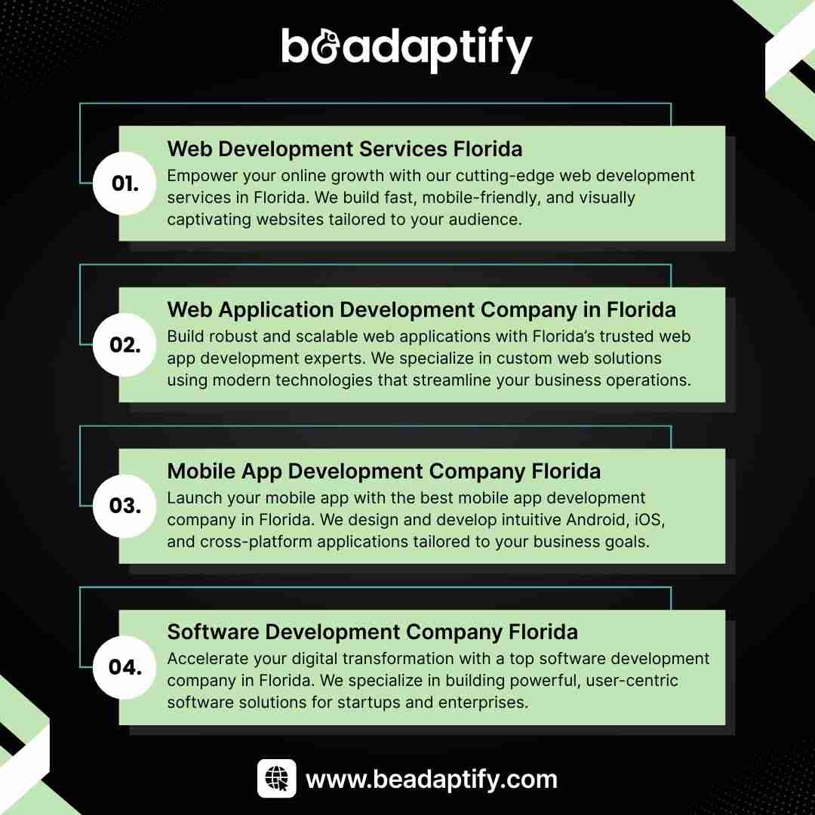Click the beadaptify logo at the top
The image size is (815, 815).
coord(407,49)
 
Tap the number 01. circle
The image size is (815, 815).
coord(125,183)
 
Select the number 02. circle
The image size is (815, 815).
coord(125,345)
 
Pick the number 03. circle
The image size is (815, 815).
coord(125,506)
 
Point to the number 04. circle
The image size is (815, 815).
coord(125,667)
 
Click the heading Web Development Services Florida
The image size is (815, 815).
coord(345,149)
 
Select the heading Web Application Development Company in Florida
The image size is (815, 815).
coord(422,310)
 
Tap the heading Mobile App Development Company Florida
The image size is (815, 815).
coord(383,472)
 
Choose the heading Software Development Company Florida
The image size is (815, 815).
coord(372,632)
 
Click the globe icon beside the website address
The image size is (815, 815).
coord(276,778)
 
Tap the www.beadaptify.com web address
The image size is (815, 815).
coord(432,780)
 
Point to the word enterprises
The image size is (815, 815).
coord(483,703)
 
